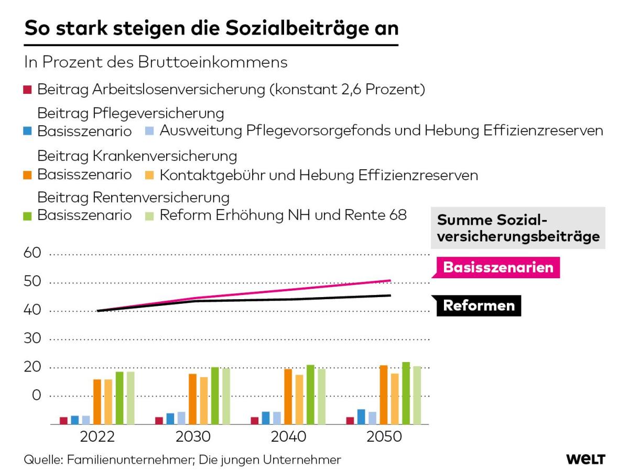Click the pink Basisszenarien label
coord(498,267)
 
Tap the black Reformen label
coord(479,305)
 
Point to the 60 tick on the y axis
coord(32,253)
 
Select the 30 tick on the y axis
coord(32,338)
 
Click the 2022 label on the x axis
coord(97,437)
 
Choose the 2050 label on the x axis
coord(384,437)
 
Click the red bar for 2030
coord(159,421)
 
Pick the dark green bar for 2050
coord(406,393)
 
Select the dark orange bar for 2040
coord(288,397)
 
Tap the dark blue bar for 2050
coord(361,417)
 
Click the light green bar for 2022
coord(131,398)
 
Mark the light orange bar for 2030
coord(204,401)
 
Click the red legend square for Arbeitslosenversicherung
coord(27,90)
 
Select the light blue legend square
coord(149,131)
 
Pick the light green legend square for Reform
coord(149,216)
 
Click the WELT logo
coord(585,459)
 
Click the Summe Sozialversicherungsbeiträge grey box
coord(518,228)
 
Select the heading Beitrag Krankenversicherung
coord(137,156)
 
